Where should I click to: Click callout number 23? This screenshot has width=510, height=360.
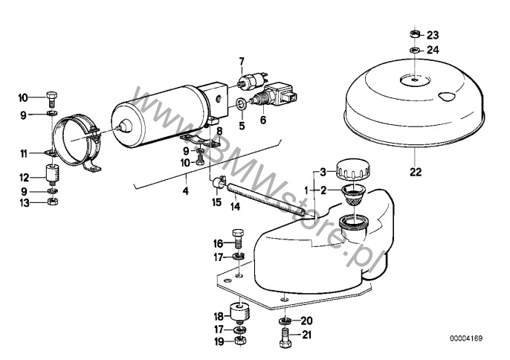pos(433,35)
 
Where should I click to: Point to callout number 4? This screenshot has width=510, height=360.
pos(185,191)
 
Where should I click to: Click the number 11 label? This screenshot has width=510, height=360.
pos(23,153)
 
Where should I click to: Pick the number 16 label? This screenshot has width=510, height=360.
pos(219,243)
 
